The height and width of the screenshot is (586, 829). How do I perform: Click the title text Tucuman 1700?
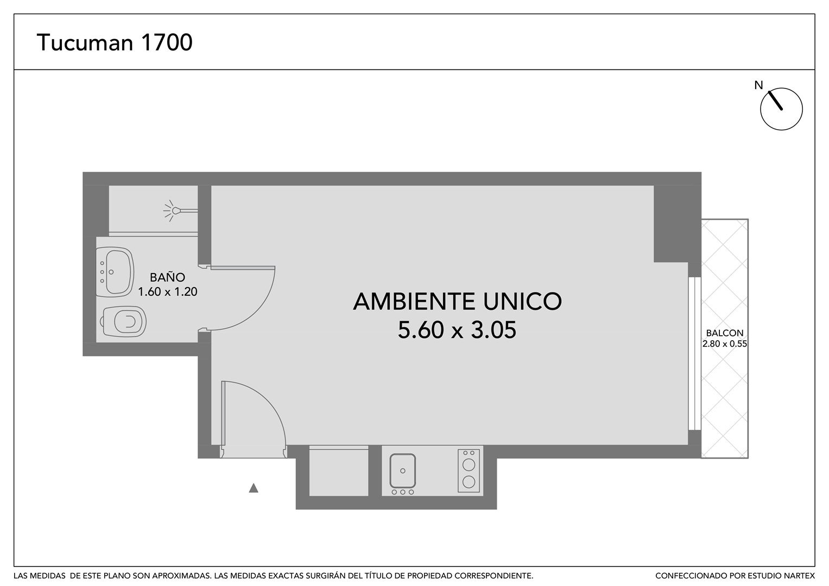[115, 42]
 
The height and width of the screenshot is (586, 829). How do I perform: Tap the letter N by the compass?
[758, 86]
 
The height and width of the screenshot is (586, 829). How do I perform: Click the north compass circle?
[781, 109]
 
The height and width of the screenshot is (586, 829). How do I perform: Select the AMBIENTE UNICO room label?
[458, 301]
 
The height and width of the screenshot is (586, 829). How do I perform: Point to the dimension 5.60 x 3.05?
[457, 330]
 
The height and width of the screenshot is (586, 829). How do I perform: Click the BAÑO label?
[167, 277]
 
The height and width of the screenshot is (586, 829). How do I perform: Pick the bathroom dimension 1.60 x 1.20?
[167, 291]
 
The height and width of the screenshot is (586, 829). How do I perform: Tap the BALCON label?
[725, 333]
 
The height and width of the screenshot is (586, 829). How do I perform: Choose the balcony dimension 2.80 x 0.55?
[725, 343]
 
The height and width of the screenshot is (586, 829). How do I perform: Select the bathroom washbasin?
[115, 272]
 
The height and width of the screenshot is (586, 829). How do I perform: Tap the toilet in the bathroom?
[123, 321]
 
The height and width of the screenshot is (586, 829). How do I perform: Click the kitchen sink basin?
[403, 470]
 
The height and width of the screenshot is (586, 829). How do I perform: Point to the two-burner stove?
[469, 470]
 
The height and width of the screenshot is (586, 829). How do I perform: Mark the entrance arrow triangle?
[254, 488]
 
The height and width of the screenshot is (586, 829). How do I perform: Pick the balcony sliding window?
[695, 353]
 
